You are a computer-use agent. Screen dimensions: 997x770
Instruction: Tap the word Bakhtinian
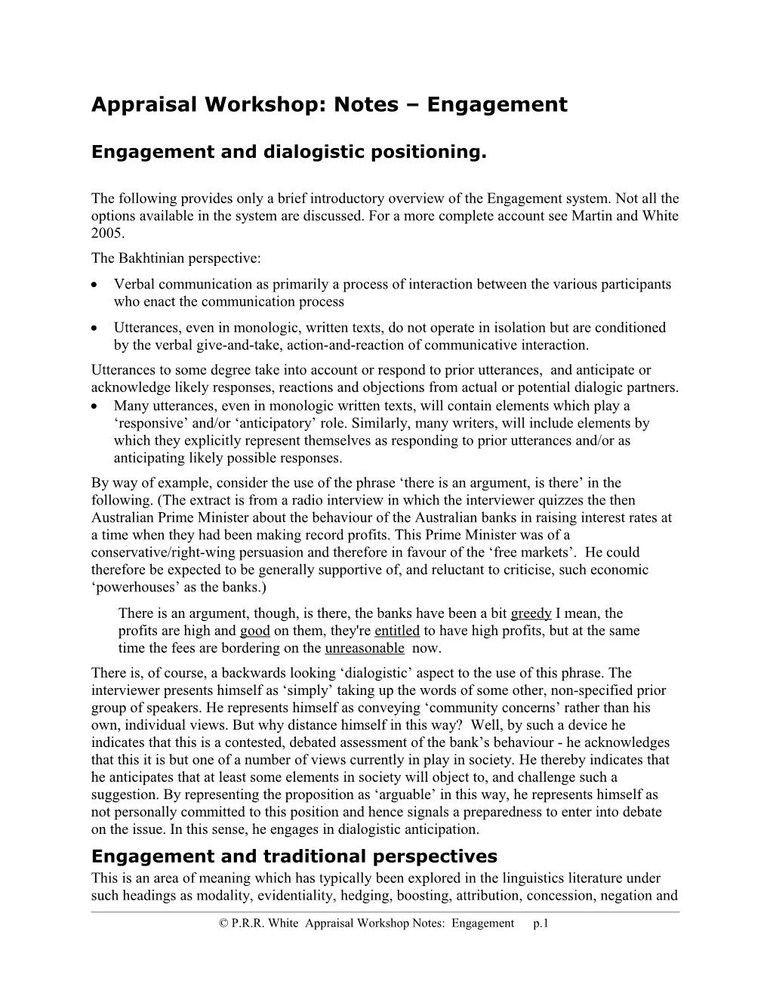click(x=153, y=258)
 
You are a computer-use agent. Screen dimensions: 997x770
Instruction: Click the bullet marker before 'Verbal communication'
click(x=93, y=286)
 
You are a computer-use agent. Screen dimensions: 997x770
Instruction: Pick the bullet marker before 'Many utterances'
click(x=93, y=406)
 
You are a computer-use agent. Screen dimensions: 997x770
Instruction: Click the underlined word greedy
click(x=531, y=613)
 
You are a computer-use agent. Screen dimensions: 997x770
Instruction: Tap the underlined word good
click(x=255, y=631)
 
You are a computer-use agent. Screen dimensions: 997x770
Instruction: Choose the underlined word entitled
click(x=396, y=631)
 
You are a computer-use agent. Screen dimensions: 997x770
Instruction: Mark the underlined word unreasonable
click(x=364, y=648)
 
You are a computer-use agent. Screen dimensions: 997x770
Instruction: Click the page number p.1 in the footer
click(x=540, y=924)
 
